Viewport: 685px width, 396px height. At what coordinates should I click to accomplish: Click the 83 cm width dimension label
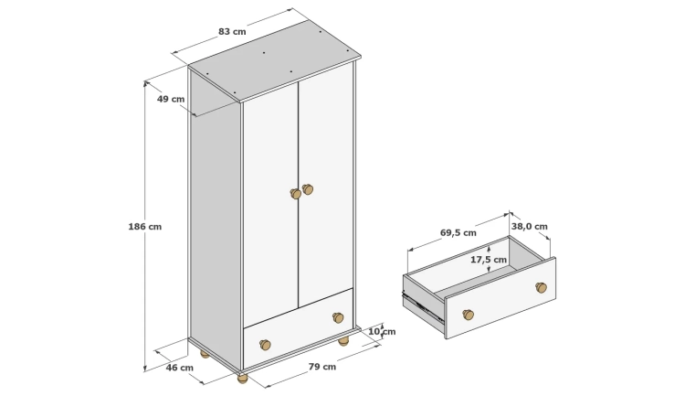(232, 31)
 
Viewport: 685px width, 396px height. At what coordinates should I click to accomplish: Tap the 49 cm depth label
(171, 99)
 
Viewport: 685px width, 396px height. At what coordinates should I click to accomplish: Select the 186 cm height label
(145, 227)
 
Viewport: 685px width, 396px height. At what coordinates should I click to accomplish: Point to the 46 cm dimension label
(180, 368)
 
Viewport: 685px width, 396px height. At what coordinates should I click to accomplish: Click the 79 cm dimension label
(322, 367)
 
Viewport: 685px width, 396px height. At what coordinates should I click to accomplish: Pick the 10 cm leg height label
(383, 332)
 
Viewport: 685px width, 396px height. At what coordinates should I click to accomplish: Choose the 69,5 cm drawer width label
(458, 233)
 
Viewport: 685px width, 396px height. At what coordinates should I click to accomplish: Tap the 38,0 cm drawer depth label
(530, 226)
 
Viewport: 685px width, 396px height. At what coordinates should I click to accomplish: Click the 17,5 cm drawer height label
(489, 260)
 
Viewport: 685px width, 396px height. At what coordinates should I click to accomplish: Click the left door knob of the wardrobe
(296, 193)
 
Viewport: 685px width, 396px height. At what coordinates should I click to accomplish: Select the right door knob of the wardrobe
(308, 189)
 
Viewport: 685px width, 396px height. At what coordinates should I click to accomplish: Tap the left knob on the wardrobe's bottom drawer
(265, 345)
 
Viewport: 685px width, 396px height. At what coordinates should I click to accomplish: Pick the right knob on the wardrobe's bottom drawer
(338, 317)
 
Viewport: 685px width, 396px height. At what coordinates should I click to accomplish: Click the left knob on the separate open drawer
(469, 315)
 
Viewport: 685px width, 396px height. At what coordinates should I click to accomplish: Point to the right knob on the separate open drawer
(542, 287)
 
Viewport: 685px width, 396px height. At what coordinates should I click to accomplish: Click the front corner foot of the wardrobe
(242, 378)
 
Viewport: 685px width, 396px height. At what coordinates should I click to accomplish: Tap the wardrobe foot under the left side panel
(205, 354)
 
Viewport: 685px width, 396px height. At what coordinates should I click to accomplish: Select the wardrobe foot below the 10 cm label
(343, 341)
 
